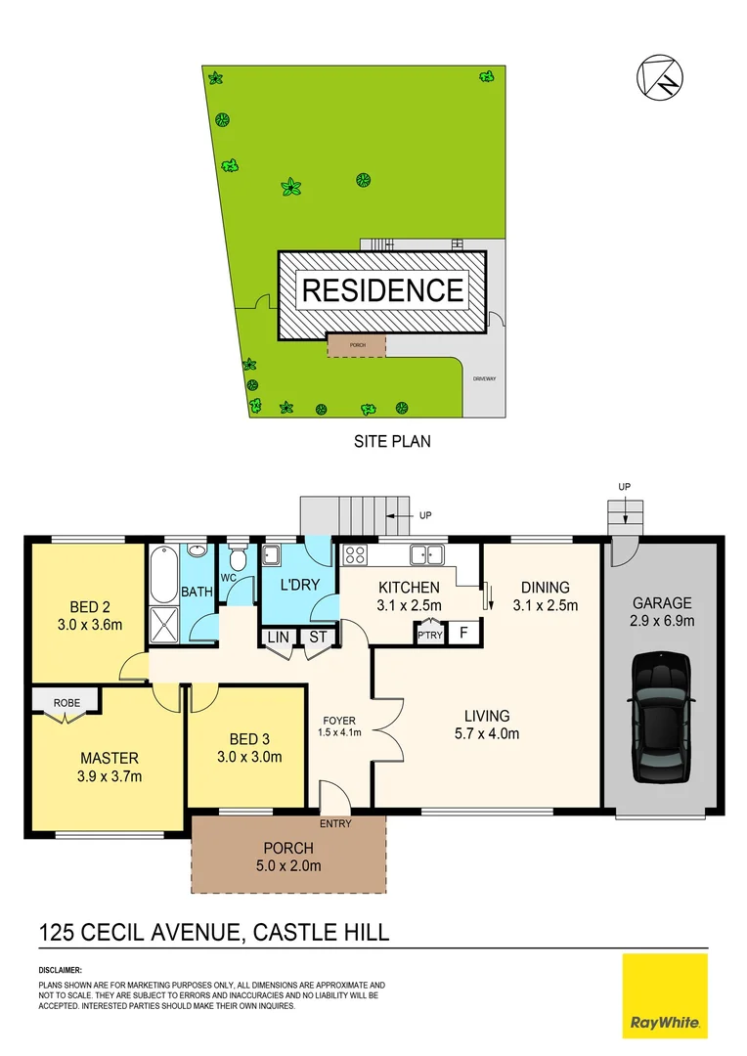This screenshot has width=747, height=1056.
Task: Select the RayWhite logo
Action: point(665,995)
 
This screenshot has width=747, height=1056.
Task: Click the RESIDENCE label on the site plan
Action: point(382,290)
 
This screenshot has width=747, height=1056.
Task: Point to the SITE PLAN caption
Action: point(391,441)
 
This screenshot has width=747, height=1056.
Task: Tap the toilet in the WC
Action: point(237,559)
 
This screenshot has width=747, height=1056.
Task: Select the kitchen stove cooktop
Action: point(354,555)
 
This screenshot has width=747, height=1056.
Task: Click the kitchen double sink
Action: point(427,554)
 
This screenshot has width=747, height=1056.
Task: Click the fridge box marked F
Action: point(464,633)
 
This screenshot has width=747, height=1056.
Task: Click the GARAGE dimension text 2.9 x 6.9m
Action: point(663,620)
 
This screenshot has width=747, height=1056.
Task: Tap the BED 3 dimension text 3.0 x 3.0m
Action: point(248,756)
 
